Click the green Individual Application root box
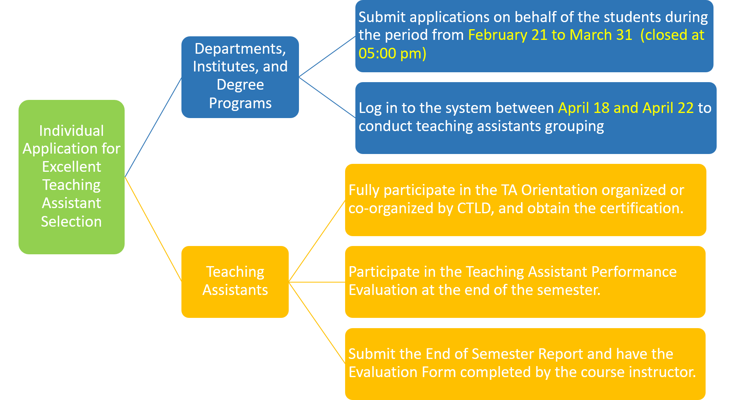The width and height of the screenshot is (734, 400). tap(71, 177)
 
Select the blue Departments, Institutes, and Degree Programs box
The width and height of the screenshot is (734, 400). tap(240, 77)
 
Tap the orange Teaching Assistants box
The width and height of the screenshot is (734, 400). tap(235, 282)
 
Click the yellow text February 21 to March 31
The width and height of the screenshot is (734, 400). tap(550, 35)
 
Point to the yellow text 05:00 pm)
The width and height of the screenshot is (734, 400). tap(392, 53)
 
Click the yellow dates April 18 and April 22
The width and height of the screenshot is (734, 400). tap(626, 108)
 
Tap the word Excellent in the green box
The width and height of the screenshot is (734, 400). tap(71, 167)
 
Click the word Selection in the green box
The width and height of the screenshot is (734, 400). tap(71, 222)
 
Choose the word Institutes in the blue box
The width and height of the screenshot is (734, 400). tap(223, 67)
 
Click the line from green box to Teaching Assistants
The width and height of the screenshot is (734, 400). tap(153, 229)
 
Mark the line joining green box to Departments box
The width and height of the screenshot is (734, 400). tap(153, 127)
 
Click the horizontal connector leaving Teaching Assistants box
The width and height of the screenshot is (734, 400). tap(317, 282)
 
